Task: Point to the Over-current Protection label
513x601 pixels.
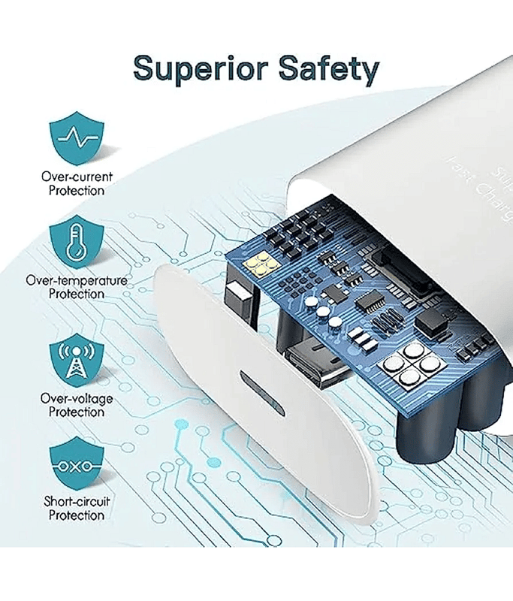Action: click(77, 184)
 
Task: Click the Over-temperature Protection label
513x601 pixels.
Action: click(77, 287)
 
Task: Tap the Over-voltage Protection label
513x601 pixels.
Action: click(77, 406)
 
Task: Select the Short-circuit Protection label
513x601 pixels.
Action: click(77, 509)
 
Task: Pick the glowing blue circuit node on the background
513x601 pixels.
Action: click(181, 425)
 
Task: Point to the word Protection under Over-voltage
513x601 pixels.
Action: click(77, 412)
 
